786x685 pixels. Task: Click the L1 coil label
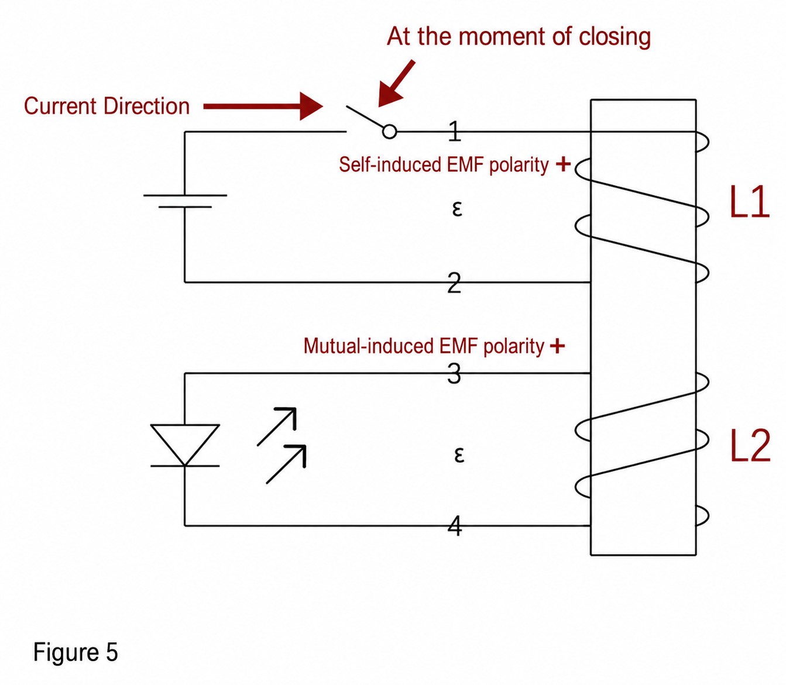point(750,202)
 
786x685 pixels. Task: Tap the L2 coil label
point(750,446)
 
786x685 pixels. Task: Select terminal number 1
point(455,131)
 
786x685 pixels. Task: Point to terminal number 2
point(454,283)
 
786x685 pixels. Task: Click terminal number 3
point(454,374)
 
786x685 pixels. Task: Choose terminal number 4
point(455,526)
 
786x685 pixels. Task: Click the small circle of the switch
point(389,132)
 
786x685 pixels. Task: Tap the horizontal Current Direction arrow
point(263,106)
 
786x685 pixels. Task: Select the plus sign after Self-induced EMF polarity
point(563,164)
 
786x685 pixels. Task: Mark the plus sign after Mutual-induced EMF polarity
point(557,346)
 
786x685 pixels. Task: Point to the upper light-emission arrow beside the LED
point(277,426)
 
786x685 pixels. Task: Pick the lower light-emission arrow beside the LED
point(286,464)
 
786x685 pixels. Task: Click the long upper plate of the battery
point(185,195)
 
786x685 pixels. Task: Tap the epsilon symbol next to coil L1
point(457,209)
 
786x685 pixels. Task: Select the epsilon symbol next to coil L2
point(459,455)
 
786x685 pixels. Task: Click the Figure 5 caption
point(75,652)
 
